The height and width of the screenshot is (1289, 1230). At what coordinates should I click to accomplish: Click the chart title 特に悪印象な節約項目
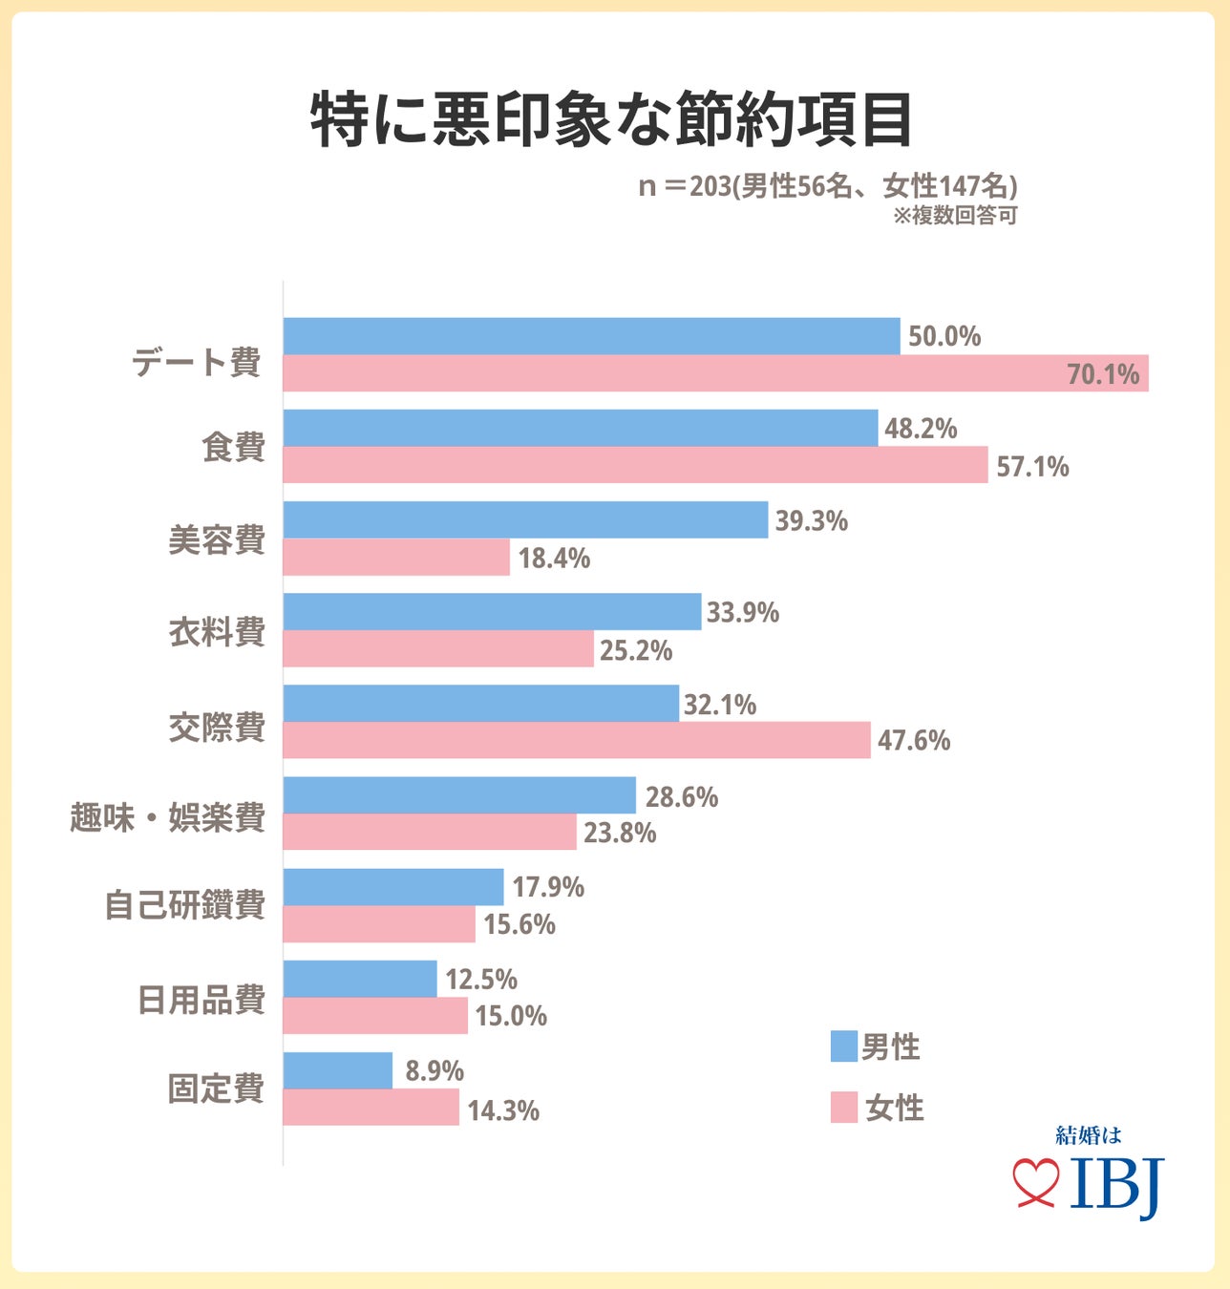pos(612,120)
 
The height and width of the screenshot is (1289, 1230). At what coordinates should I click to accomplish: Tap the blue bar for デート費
pos(591,336)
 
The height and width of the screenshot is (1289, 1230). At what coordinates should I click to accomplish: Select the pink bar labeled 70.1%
pos(715,373)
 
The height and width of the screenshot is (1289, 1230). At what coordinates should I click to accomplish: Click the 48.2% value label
pos(921,429)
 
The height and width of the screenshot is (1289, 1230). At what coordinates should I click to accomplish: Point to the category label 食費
pos(233,447)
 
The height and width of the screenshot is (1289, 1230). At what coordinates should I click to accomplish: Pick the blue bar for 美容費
pos(525,520)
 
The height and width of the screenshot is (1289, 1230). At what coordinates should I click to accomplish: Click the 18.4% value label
pos(554,559)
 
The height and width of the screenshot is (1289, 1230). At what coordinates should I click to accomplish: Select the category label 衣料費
pos(217,632)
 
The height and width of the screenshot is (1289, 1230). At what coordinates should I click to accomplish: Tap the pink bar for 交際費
pos(577,741)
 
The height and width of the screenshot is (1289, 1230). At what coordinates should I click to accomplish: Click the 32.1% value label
pos(720,705)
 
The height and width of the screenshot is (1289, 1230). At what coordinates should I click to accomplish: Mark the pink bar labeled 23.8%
pos(430,833)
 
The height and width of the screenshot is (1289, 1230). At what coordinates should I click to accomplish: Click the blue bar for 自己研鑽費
pos(393,887)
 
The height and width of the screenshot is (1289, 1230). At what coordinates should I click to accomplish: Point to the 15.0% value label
pos(511,1016)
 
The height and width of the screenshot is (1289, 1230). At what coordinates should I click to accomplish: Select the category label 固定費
pos(216,1088)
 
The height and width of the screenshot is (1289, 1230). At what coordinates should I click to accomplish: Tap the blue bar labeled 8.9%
pos(338,1070)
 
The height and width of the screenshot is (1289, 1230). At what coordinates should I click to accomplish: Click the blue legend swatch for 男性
pos(843,1046)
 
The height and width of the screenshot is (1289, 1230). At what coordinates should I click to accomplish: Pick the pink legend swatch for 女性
pos(843,1108)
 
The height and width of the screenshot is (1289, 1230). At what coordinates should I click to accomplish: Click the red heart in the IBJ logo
pos(1036,1182)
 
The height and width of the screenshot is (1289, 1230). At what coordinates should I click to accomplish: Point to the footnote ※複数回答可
pos(955,216)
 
